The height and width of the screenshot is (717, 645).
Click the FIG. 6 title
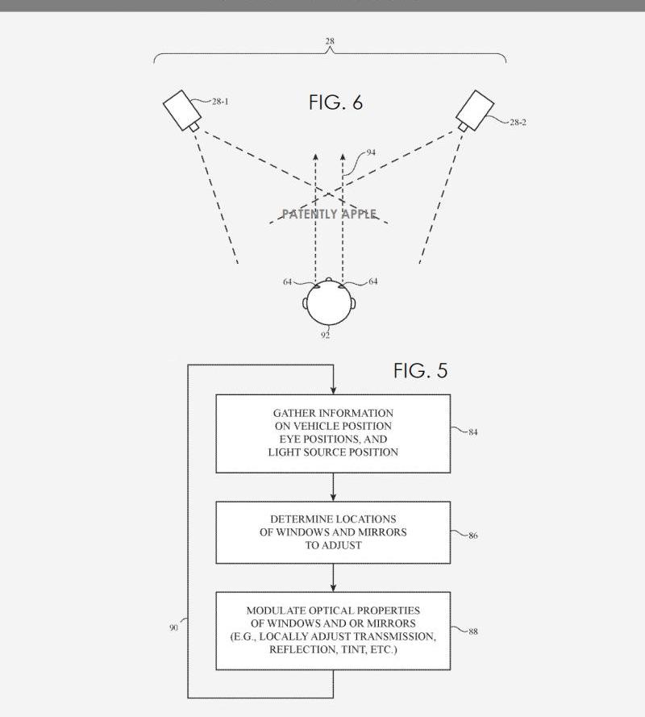(x=336, y=102)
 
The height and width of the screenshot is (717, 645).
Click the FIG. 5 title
(x=421, y=370)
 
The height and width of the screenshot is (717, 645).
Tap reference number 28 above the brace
(x=330, y=41)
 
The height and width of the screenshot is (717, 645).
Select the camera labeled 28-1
(x=182, y=110)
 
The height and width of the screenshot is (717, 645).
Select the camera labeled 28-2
(x=475, y=110)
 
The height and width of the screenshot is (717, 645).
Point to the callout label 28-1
(x=220, y=102)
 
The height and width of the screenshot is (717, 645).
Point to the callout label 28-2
(x=518, y=122)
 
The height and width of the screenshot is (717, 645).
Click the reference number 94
(x=371, y=152)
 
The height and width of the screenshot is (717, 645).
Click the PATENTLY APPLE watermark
(x=330, y=214)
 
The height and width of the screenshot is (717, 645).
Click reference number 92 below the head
(x=325, y=336)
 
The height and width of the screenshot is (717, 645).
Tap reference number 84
(x=473, y=432)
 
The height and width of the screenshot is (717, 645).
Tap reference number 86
(x=473, y=536)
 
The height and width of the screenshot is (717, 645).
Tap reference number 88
(x=473, y=632)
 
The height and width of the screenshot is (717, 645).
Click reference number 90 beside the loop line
(x=173, y=627)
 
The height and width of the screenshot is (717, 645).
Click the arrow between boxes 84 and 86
(x=333, y=487)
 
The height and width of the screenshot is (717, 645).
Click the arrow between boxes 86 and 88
(x=333, y=577)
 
